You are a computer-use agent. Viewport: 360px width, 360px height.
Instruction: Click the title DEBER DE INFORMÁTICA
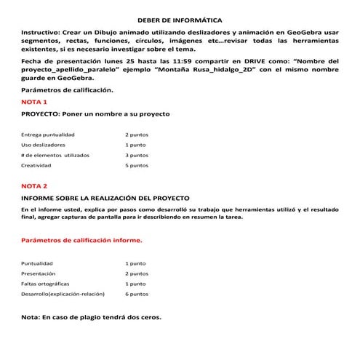coord(180,22)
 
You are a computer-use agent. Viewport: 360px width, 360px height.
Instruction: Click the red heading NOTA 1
coord(33,102)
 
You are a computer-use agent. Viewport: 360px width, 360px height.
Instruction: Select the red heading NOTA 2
coord(34,185)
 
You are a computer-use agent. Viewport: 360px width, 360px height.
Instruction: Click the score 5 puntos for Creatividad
coord(137,165)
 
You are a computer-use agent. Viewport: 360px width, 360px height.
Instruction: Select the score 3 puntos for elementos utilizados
coord(137,155)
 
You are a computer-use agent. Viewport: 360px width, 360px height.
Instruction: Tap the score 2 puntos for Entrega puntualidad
coord(137,135)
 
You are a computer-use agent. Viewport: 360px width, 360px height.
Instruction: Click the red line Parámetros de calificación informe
coord(81,239)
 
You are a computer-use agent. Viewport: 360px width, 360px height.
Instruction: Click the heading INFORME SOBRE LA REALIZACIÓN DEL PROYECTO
coord(105,198)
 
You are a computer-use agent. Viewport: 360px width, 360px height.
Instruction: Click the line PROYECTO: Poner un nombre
coord(95,114)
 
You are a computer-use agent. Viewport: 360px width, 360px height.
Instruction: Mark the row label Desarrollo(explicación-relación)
coord(63,294)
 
